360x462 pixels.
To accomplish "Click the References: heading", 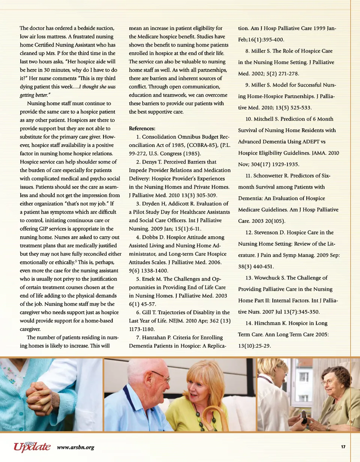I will click(x=142, y=128).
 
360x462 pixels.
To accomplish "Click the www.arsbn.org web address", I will click(x=75, y=447).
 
